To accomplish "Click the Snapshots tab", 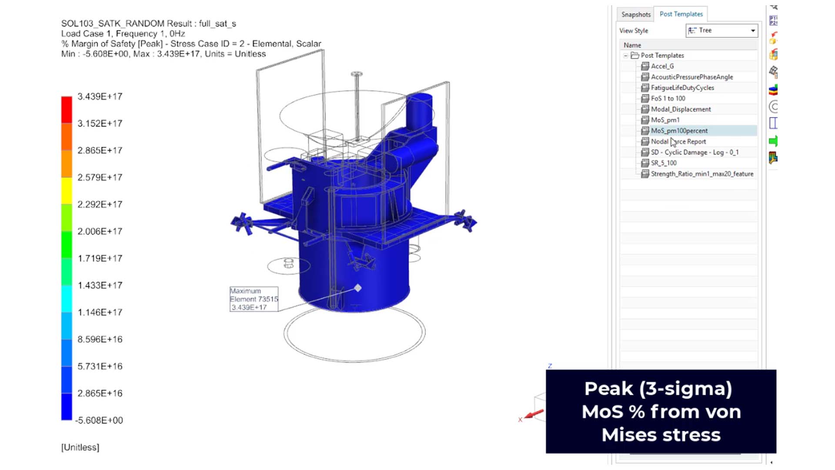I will [635, 14].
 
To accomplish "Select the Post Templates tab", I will [681, 14].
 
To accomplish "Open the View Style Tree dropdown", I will [722, 30].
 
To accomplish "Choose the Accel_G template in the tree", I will [662, 66].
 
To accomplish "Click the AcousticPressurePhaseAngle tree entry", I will [691, 77].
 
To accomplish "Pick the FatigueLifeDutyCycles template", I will [682, 88].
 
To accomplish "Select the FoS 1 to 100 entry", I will [668, 99].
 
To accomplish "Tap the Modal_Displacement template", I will [681, 109].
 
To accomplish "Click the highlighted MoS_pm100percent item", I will [679, 131].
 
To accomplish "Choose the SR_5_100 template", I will [663, 163].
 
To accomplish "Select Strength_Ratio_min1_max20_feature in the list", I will [701, 174].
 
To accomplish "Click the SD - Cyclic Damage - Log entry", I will [694, 152].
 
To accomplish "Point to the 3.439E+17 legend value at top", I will [100, 97].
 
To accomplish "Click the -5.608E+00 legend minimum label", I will [99, 420].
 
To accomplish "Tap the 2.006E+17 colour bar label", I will [100, 232].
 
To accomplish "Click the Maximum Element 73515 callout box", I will [254, 299].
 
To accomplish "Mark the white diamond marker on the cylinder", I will [358, 288].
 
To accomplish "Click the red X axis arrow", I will [534, 414].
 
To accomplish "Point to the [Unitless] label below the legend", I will [80, 447].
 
